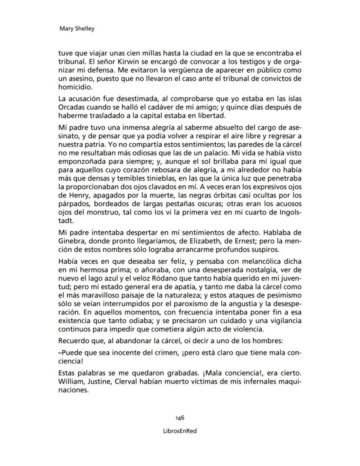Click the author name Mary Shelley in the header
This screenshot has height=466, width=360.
77,29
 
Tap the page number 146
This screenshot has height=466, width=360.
180,417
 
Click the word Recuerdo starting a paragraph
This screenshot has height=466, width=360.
73,339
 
